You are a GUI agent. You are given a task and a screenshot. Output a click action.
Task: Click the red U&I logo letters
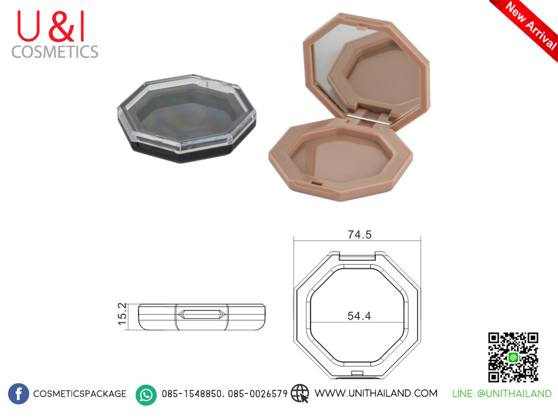click(51, 26)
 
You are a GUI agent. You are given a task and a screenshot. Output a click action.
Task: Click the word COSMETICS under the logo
click(55, 52)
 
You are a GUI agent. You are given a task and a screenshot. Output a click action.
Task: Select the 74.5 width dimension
click(360, 235)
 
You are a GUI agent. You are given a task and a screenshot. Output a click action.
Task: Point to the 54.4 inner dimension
click(359, 316)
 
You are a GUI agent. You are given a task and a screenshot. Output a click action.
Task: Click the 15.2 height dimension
click(122, 314)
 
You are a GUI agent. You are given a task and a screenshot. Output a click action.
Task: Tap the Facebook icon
click(19, 394)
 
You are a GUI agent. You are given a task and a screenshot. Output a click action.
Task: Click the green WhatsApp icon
click(146, 395)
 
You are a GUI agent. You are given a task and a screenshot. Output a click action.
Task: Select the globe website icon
click(300, 393)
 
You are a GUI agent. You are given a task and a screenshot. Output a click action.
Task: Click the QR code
click(513, 357)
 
